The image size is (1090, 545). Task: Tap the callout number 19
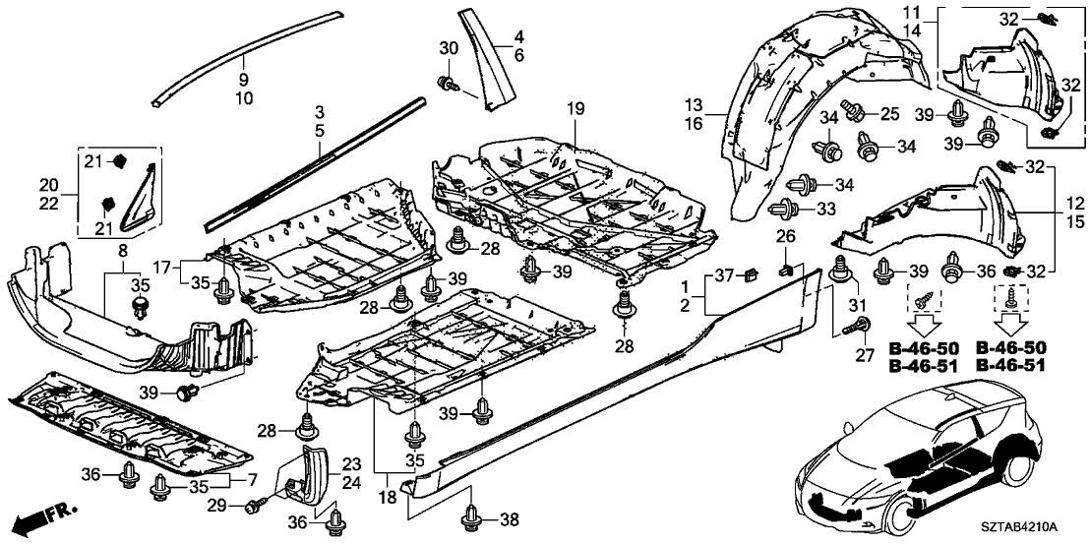point(575,107)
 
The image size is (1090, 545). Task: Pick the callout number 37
point(724,272)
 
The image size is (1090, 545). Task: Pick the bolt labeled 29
point(255,504)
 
